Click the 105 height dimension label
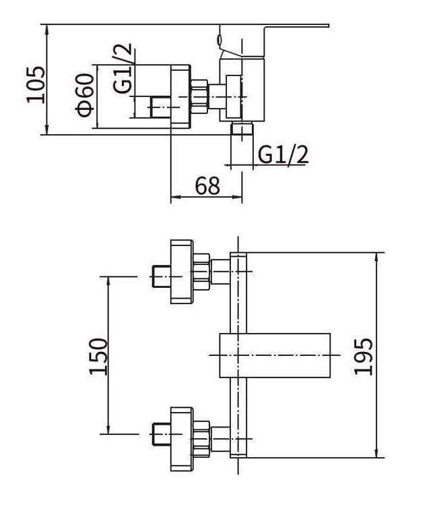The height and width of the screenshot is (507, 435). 36,85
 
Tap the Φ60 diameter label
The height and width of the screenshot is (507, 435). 85,94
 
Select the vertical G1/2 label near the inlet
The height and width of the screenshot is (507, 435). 123,68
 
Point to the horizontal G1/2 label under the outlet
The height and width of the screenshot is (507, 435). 283,155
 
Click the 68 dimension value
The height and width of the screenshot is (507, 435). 207,185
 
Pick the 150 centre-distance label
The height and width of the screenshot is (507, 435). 98,357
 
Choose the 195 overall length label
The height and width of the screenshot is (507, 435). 364,356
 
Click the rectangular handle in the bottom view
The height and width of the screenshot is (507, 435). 275,355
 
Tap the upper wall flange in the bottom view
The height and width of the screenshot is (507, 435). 182,272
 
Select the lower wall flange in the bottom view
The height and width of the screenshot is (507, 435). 182,439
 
